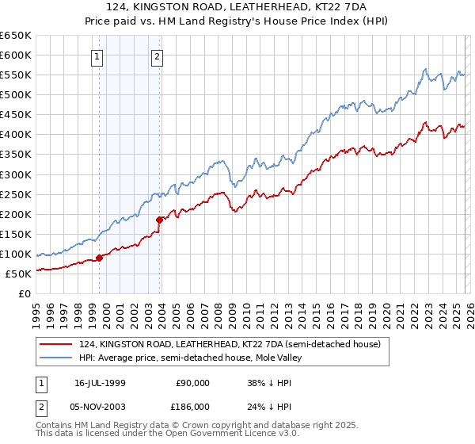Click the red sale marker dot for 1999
click(x=100, y=257)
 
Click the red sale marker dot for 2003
click(x=160, y=219)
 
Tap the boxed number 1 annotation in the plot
click(x=97, y=56)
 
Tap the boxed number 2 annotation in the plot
click(x=157, y=56)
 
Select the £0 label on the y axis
click(x=25, y=293)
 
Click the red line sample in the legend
click(x=55, y=344)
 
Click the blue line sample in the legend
click(x=55, y=358)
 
